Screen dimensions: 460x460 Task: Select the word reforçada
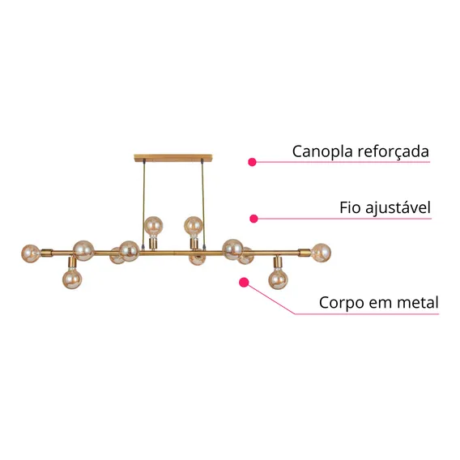pos(394,151)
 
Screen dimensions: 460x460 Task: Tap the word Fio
pos(348,207)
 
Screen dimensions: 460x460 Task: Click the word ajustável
pos(396,208)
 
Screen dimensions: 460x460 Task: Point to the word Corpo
pos(342,303)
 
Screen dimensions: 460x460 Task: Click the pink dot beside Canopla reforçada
pos(252,162)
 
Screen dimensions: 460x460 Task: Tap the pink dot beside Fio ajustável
pos(253,219)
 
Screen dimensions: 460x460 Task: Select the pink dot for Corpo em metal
pos(244,283)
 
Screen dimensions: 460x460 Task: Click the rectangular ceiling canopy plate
pos(173,158)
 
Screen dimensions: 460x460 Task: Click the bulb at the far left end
pos(31,253)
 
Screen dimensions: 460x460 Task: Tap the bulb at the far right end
pos(322,253)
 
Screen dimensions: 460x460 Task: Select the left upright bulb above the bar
pos(153,226)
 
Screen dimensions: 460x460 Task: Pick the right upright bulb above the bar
pos(194,226)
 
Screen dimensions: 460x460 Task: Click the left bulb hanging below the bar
pos(72,279)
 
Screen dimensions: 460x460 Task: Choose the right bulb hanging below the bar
pos(278,279)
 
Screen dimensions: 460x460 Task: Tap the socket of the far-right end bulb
pos(305,253)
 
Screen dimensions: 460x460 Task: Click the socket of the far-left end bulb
pos(47,253)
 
